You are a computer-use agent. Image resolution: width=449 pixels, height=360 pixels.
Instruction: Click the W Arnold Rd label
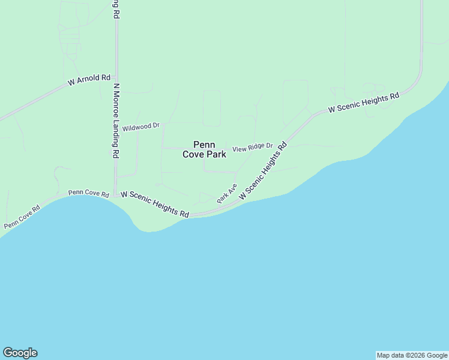(x=89, y=79)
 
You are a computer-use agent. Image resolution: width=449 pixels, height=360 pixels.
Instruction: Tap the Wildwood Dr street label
(x=141, y=127)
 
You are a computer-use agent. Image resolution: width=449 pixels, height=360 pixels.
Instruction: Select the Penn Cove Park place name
(x=204, y=149)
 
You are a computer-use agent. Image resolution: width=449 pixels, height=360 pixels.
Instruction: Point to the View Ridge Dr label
(x=253, y=147)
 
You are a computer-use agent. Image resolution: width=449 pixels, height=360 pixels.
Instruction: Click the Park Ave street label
(x=228, y=193)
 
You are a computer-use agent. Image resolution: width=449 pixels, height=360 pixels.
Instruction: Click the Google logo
(x=20, y=353)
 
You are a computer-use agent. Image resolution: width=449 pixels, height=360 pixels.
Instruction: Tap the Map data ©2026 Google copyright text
(x=412, y=355)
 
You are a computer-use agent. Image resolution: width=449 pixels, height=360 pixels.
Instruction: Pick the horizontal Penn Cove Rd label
(x=88, y=193)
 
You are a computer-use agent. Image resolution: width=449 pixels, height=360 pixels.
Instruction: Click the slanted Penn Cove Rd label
(x=22, y=217)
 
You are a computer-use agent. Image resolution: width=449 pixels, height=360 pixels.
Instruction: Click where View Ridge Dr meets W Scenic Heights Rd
(x=283, y=146)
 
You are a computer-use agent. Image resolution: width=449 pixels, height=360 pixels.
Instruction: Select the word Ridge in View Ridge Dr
(x=257, y=146)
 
